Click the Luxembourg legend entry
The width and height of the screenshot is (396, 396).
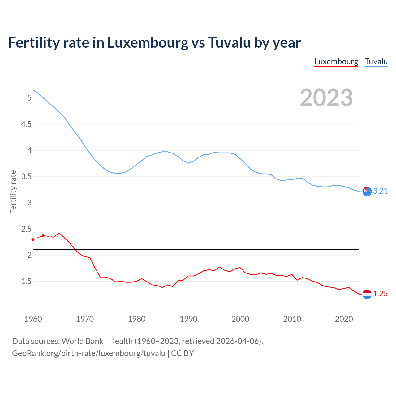click(336, 62)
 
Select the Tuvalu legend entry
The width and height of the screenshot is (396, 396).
click(376, 62)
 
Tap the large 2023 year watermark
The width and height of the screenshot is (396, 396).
click(326, 98)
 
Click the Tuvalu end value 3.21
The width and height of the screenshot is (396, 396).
click(380, 191)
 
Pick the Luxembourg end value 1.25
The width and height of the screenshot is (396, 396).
click(380, 294)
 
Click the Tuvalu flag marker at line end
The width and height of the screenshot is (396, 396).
click(367, 192)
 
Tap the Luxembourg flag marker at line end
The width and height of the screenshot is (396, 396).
click(367, 294)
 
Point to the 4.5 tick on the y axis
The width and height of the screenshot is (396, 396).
click(26, 124)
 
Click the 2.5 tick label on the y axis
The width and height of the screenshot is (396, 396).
click(26, 229)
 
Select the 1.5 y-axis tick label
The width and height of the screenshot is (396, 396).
click(26, 282)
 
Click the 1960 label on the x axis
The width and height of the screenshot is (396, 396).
click(33, 319)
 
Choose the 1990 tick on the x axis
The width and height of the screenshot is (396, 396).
click(188, 319)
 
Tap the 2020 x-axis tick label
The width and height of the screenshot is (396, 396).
click(344, 319)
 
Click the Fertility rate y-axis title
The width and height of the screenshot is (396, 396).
click(13, 192)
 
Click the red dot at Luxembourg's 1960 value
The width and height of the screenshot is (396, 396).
click(33, 240)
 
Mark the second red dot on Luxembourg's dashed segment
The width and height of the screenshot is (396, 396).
click(43, 236)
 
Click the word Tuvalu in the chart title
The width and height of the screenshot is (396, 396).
click(229, 42)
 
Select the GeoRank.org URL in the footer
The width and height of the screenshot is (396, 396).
click(88, 353)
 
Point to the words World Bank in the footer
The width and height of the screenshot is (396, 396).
click(82, 341)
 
